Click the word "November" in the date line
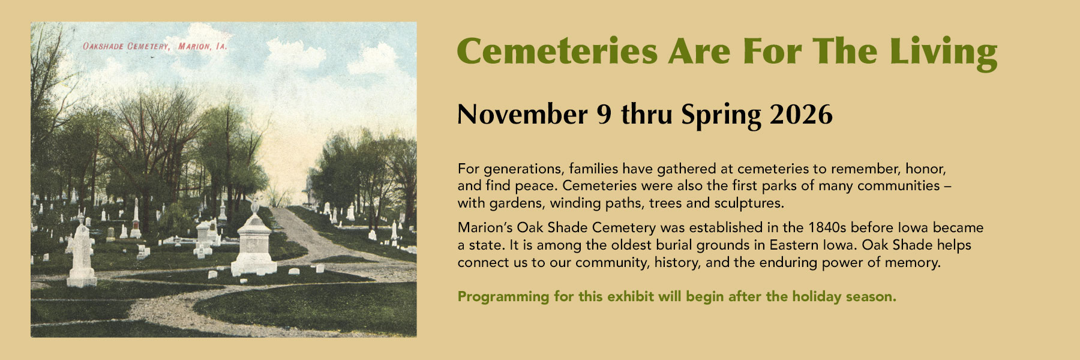coord(523,114)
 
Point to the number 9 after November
coord(604,114)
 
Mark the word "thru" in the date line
coord(646,114)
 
